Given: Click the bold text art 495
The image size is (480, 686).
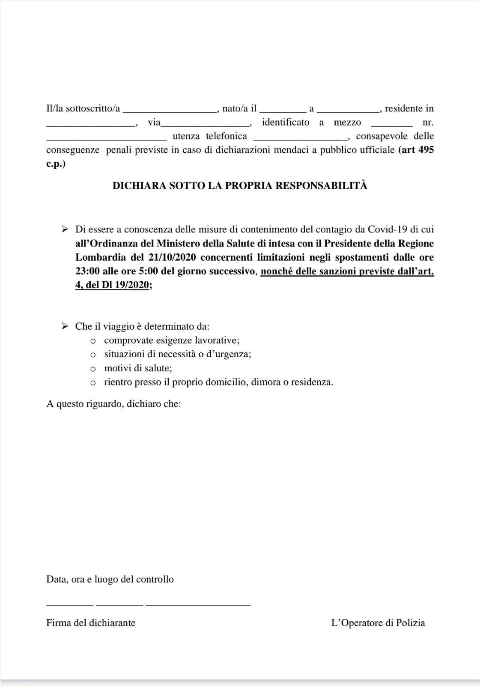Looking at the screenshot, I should (417, 150).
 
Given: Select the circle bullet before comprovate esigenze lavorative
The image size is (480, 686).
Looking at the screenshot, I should (93, 341).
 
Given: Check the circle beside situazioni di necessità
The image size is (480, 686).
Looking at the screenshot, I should (93, 355).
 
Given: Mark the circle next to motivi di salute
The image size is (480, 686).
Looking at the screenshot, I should (93, 369).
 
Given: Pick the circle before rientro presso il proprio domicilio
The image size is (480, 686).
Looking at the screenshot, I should (93, 383).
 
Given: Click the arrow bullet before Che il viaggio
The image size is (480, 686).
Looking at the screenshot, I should (65, 326).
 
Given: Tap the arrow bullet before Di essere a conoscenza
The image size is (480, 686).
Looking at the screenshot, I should (65, 229).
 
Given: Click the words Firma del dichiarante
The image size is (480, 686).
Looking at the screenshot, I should (91, 623).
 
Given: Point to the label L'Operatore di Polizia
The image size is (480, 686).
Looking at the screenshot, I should (378, 623).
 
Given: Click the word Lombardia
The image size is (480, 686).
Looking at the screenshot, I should (101, 257).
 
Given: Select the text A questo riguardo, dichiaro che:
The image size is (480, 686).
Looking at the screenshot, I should (113, 404).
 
